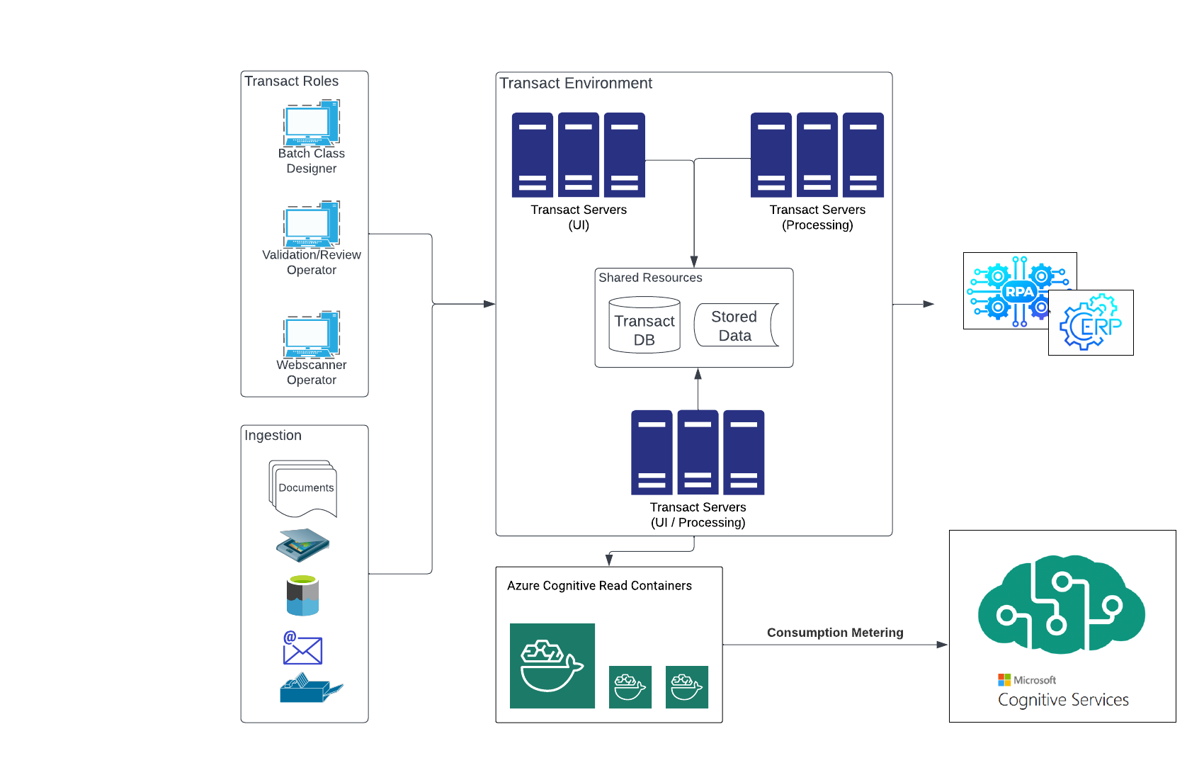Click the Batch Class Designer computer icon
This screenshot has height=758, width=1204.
click(312, 123)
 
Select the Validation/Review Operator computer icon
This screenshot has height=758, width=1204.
click(312, 225)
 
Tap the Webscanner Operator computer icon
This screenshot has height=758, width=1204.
click(312, 334)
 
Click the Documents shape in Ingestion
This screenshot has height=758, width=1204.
click(304, 489)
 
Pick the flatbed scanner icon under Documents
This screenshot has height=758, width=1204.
click(303, 545)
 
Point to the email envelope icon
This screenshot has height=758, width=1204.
click(302, 648)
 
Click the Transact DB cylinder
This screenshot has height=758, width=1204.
click(644, 326)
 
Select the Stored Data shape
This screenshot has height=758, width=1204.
click(736, 326)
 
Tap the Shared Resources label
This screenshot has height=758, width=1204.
click(650, 278)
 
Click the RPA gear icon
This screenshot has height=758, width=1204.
click(1018, 291)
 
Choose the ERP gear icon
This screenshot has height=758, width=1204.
click(1091, 324)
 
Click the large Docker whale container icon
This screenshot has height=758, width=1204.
click(552, 666)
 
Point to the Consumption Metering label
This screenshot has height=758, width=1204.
click(835, 633)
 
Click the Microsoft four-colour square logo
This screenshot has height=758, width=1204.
click(1004, 680)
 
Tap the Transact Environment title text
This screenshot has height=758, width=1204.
click(576, 84)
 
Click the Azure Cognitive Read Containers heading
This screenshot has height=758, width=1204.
click(599, 586)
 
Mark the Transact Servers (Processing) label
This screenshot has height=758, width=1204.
click(817, 217)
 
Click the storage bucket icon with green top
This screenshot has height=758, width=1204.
click(302, 596)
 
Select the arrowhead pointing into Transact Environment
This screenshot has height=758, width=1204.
click(489, 304)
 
